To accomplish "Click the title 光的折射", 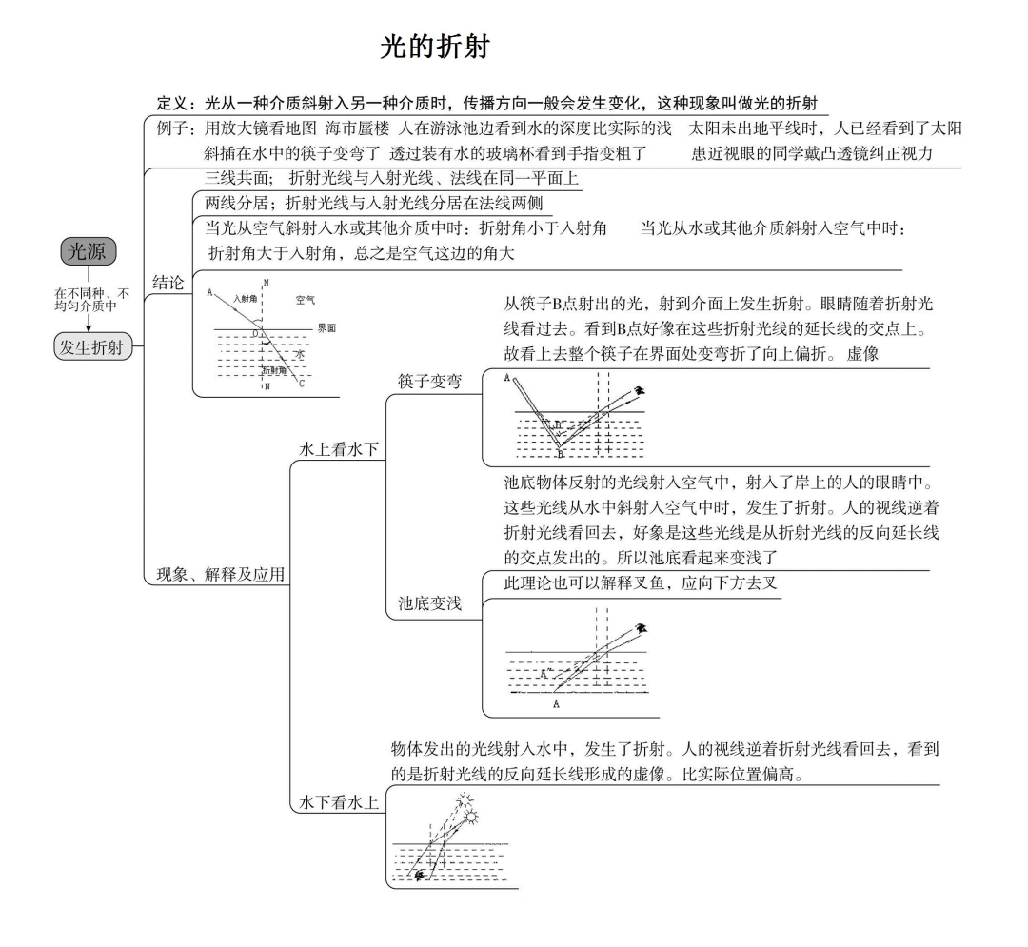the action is tap(435, 48).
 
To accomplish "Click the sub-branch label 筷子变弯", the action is tap(429, 382).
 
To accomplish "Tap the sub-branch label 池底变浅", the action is tap(429, 602).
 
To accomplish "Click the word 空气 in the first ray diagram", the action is tap(305, 300).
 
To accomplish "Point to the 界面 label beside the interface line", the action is tap(326, 327).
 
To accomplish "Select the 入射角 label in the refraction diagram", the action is tap(246, 300).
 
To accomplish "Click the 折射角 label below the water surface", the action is tap(274, 370).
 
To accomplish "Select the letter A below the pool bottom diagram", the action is tap(556, 704).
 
